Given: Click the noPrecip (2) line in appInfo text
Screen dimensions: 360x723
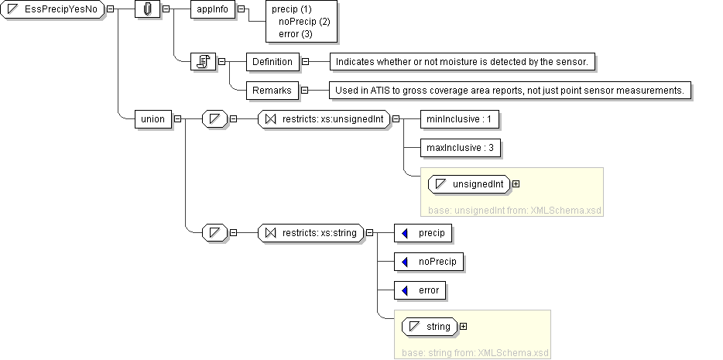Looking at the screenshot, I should (304, 22).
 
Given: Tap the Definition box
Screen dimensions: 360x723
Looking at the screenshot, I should (272, 61).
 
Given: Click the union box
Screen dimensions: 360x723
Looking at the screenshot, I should (152, 119).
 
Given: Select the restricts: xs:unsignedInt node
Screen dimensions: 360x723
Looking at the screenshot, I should (324, 119).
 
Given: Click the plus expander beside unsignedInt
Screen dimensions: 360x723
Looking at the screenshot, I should (516, 184).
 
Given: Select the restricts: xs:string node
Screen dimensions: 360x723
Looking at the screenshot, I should (311, 231).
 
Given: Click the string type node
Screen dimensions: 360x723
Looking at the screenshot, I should (430, 327).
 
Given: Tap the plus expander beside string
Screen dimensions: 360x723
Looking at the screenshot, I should (464, 327).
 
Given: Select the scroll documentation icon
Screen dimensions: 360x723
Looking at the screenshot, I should (203, 62).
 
